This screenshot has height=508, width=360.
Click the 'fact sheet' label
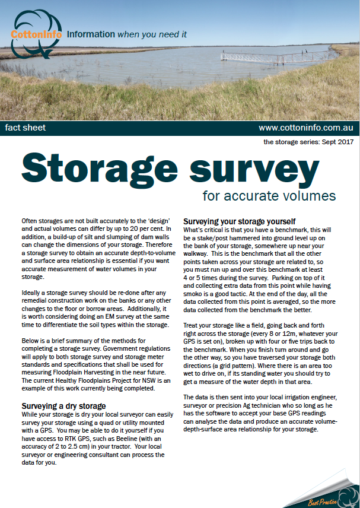click(x=26, y=128)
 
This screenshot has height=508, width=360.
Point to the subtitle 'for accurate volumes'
click(x=269, y=196)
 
